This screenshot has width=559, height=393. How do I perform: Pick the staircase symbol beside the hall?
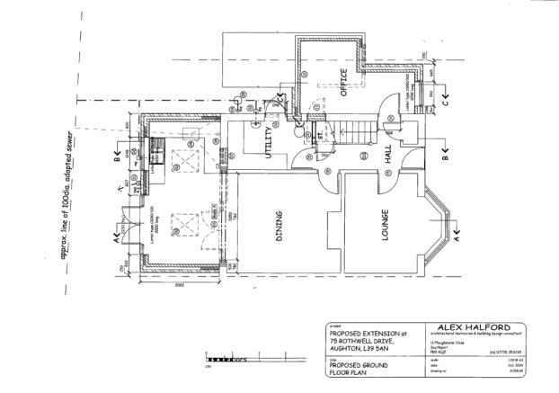click(x=353, y=133)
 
